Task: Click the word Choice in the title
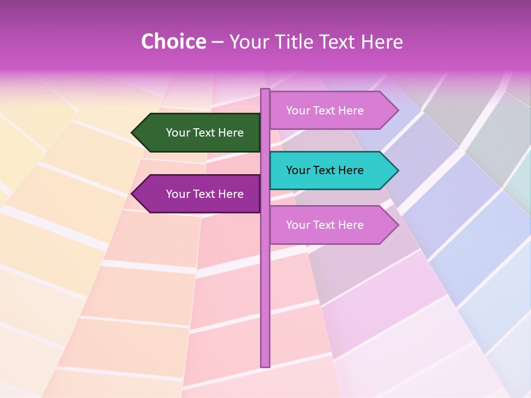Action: click(173, 41)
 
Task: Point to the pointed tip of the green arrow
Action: click(133, 133)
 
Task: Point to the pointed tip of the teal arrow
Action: click(397, 170)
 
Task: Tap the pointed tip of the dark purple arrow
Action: click(133, 194)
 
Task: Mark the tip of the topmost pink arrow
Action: click(397, 111)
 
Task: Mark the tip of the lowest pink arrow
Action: click(397, 225)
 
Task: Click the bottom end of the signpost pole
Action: click(265, 365)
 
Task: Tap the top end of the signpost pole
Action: click(265, 90)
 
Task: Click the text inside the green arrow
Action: click(205, 133)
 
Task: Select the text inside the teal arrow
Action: click(325, 170)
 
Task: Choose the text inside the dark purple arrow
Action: click(205, 194)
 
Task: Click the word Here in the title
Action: click(382, 41)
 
